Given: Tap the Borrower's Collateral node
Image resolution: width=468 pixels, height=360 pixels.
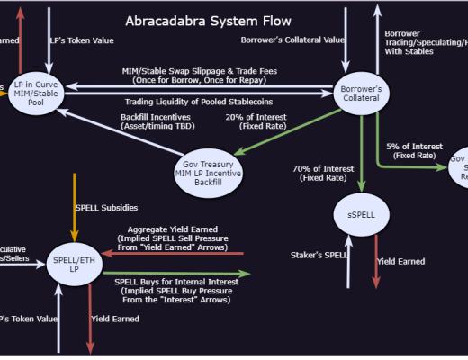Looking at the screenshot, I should (x=361, y=93).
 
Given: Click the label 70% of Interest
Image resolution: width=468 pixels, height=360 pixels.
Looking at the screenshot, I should (x=323, y=167).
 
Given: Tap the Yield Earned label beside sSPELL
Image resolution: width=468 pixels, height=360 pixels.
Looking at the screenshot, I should (x=400, y=261).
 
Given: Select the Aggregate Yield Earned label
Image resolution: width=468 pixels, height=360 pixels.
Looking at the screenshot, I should (x=172, y=229).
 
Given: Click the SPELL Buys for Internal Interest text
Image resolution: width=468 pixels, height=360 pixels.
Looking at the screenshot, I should (x=176, y=282).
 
